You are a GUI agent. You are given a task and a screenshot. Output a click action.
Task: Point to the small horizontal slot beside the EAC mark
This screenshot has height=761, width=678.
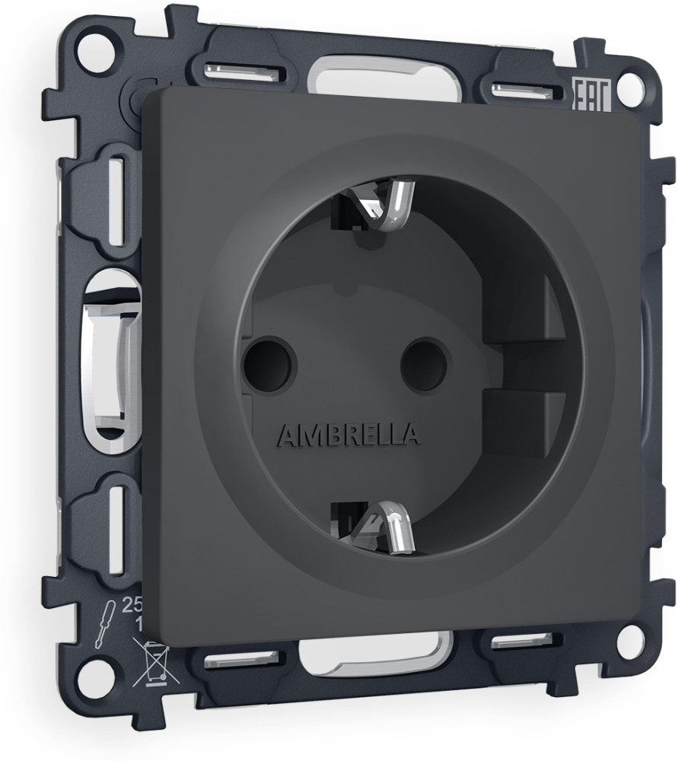[526, 92]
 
